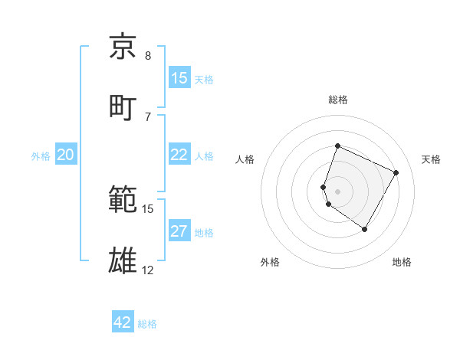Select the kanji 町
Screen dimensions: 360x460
coord(123,108)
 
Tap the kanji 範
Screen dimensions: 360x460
coord(123,200)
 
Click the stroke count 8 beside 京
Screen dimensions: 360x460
coord(148,56)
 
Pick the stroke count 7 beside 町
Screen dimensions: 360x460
coord(148,117)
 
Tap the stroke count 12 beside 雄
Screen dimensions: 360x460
coord(148,270)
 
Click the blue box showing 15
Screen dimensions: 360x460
coord(179,78)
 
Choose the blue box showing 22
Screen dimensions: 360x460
coord(179,155)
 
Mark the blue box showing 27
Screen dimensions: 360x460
coord(179,231)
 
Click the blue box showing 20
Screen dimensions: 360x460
coord(66,155)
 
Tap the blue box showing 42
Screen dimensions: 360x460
coord(123,322)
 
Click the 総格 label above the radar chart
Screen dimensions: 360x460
coord(338,100)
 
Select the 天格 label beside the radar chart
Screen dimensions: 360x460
coord(431,159)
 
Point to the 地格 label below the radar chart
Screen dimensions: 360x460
coord(402,263)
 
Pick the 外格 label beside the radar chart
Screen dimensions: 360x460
coord(270,263)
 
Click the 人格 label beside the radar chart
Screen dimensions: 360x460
coord(245,159)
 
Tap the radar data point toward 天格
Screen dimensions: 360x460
coord(396,172)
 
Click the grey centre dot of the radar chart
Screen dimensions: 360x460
coord(338,191)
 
